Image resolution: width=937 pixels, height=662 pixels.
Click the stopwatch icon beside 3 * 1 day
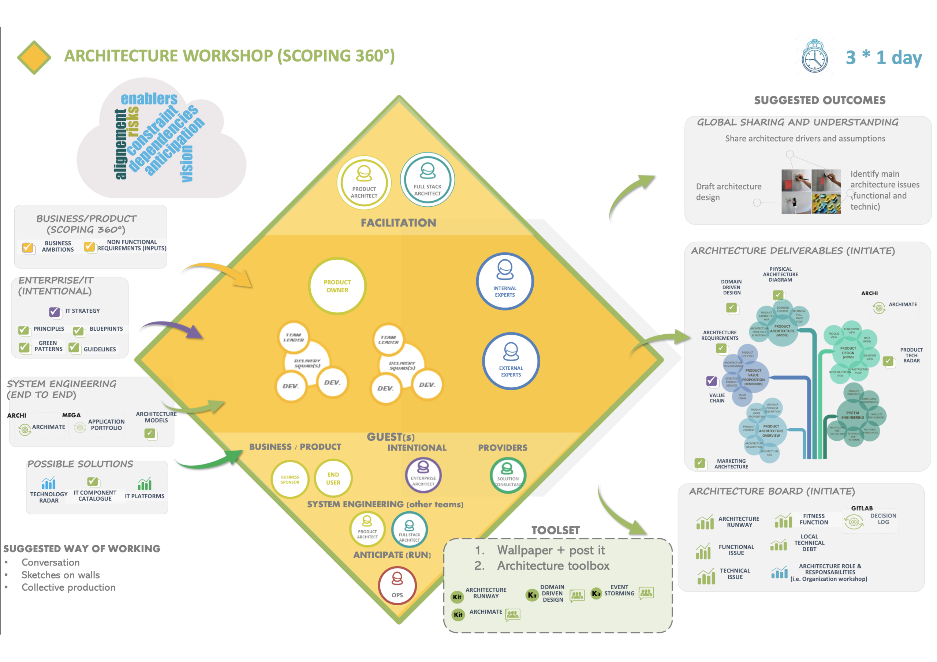coord(815,57)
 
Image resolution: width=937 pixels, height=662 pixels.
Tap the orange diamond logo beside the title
coord(34,57)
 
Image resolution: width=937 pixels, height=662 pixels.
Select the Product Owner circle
coord(337,286)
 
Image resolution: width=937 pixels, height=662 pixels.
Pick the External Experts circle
coord(511,361)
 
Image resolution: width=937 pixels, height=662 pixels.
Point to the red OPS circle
coord(397,585)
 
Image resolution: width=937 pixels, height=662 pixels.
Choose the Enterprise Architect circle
coord(423,475)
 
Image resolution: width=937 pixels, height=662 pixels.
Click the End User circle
coord(333,478)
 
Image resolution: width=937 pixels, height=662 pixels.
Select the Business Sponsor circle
coord(290,479)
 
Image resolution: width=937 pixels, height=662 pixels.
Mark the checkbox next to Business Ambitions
coord(28,248)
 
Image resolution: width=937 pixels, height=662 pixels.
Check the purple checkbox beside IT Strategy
coord(54,312)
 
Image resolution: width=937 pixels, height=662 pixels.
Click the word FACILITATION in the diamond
coord(398,223)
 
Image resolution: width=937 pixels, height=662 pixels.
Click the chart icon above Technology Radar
coord(49,484)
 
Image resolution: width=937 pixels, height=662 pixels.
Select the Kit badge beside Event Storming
coord(596,594)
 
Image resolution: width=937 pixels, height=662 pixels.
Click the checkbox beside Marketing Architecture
coord(700,463)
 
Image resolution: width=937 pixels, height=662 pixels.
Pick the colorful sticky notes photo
coord(826,203)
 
